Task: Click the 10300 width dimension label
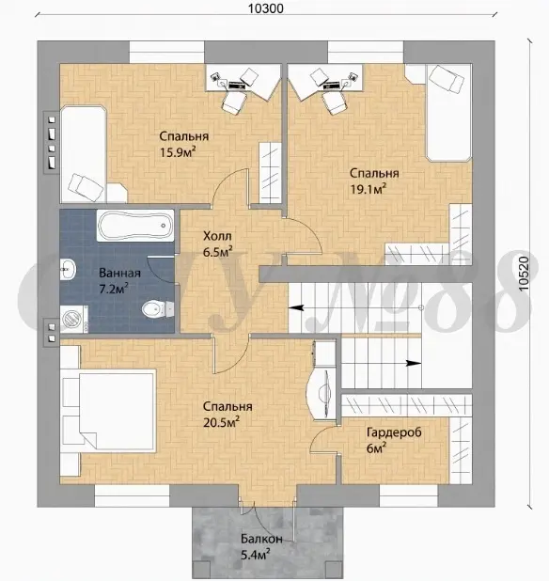point(265,8)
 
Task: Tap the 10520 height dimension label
point(524,274)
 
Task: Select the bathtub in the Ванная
point(135,226)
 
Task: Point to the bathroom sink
point(68,270)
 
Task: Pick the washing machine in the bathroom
point(74,319)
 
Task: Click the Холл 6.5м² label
point(217,243)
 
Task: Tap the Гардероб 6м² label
point(394,440)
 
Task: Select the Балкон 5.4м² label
point(261,546)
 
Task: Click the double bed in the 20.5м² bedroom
point(107,411)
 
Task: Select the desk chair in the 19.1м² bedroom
point(335,102)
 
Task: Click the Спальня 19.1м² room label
point(374,181)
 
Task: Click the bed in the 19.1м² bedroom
point(448,113)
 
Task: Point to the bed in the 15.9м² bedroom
point(84,154)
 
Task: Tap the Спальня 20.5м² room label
point(227,415)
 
